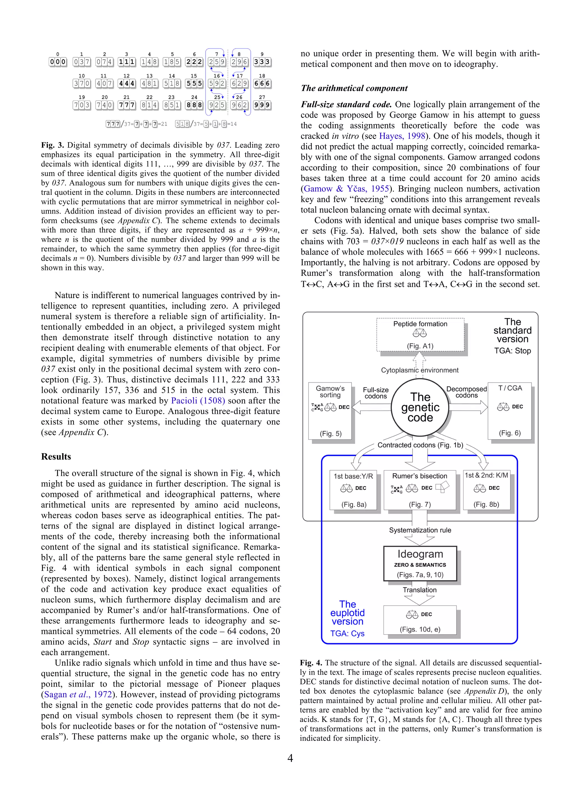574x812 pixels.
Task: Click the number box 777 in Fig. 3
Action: pos(126,105)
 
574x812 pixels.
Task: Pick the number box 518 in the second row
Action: pos(172,84)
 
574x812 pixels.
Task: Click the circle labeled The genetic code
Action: pos(420,407)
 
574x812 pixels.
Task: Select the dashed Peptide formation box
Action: pos(420,335)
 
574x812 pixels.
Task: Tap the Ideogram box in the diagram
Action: pos(420,563)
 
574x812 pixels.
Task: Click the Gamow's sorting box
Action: pos(330,410)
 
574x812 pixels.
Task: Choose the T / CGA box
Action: pos(510,410)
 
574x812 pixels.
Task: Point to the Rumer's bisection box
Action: pos(420,490)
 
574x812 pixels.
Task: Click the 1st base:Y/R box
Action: pos(353,490)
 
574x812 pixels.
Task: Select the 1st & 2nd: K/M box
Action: pos(486,490)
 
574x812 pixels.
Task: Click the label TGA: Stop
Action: pos(513,351)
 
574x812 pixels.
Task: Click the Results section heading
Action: pos(56,456)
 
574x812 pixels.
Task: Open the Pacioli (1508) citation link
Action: pos(198,401)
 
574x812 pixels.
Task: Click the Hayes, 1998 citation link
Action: pos(402,136)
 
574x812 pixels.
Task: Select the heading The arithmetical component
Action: pos(354,88)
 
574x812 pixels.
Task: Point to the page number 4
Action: pos(290,758)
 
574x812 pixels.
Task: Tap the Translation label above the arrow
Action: pos(420,590)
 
